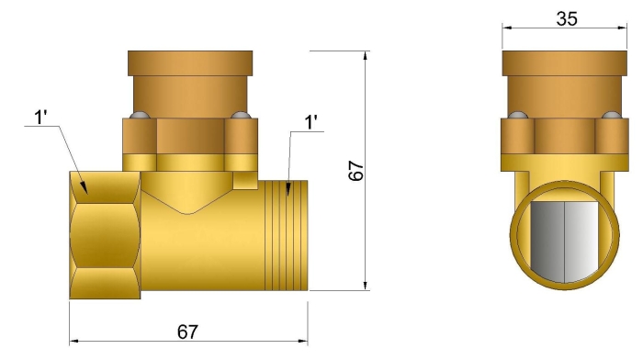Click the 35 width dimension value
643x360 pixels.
pos(567,17)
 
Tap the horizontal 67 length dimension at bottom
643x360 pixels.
pos(187,332)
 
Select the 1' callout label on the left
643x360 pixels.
pos(42,118)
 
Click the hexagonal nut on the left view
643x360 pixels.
pos(107,233)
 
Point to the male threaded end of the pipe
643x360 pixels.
pos(286,233)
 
